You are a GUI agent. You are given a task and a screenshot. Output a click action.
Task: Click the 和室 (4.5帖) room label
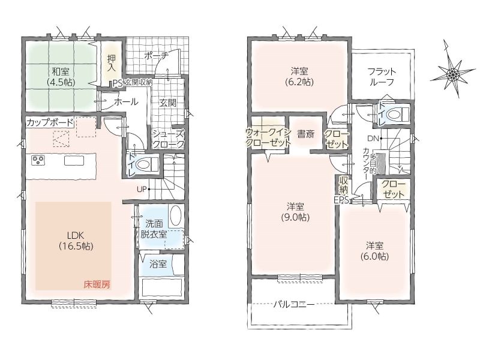pyautogui.click(x=61, y=77)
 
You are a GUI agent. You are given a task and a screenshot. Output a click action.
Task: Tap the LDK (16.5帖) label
pyautogui.click(x=76, y=241)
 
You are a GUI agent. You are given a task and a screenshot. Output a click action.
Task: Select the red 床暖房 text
pyautogui.click(x=97, y=285)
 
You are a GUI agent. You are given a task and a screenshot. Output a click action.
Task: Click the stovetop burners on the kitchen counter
pyautogui.click(x=38, y=160)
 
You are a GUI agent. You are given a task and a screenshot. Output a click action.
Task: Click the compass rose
pyautogui.click(x=453, y=73)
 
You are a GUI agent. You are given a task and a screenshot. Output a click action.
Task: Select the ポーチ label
pyautogui.click(x=156, y=56)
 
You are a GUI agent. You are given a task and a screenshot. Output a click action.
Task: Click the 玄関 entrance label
pyautogui.click(x=168, y=103)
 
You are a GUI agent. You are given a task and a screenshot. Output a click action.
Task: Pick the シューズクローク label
pyautogui.click(x=169, y=139)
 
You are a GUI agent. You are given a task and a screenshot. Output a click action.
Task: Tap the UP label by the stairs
pyautogui.click(x=142, y=189)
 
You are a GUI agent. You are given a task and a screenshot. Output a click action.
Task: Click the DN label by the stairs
pyautogui.click(x=373, y=139)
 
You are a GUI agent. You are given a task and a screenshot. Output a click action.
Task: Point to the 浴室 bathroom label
pyautogui.click(x=158, y=264)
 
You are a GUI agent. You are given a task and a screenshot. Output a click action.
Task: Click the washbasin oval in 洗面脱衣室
pyautogui.click(x=175, y=216)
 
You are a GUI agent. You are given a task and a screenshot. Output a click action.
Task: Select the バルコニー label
pyautogui.click(x=294, y=305)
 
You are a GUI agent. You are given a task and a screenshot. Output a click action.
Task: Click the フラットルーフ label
pyautogui.click(x=382, y=77)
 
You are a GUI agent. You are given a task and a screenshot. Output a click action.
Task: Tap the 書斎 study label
pyautogui.click(x=305, y=134)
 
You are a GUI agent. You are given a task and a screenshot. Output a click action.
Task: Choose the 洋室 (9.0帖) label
pyautogui.click(x=295, y=212)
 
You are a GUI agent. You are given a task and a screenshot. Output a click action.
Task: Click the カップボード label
pyautogui.click(x=50, y=123)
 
